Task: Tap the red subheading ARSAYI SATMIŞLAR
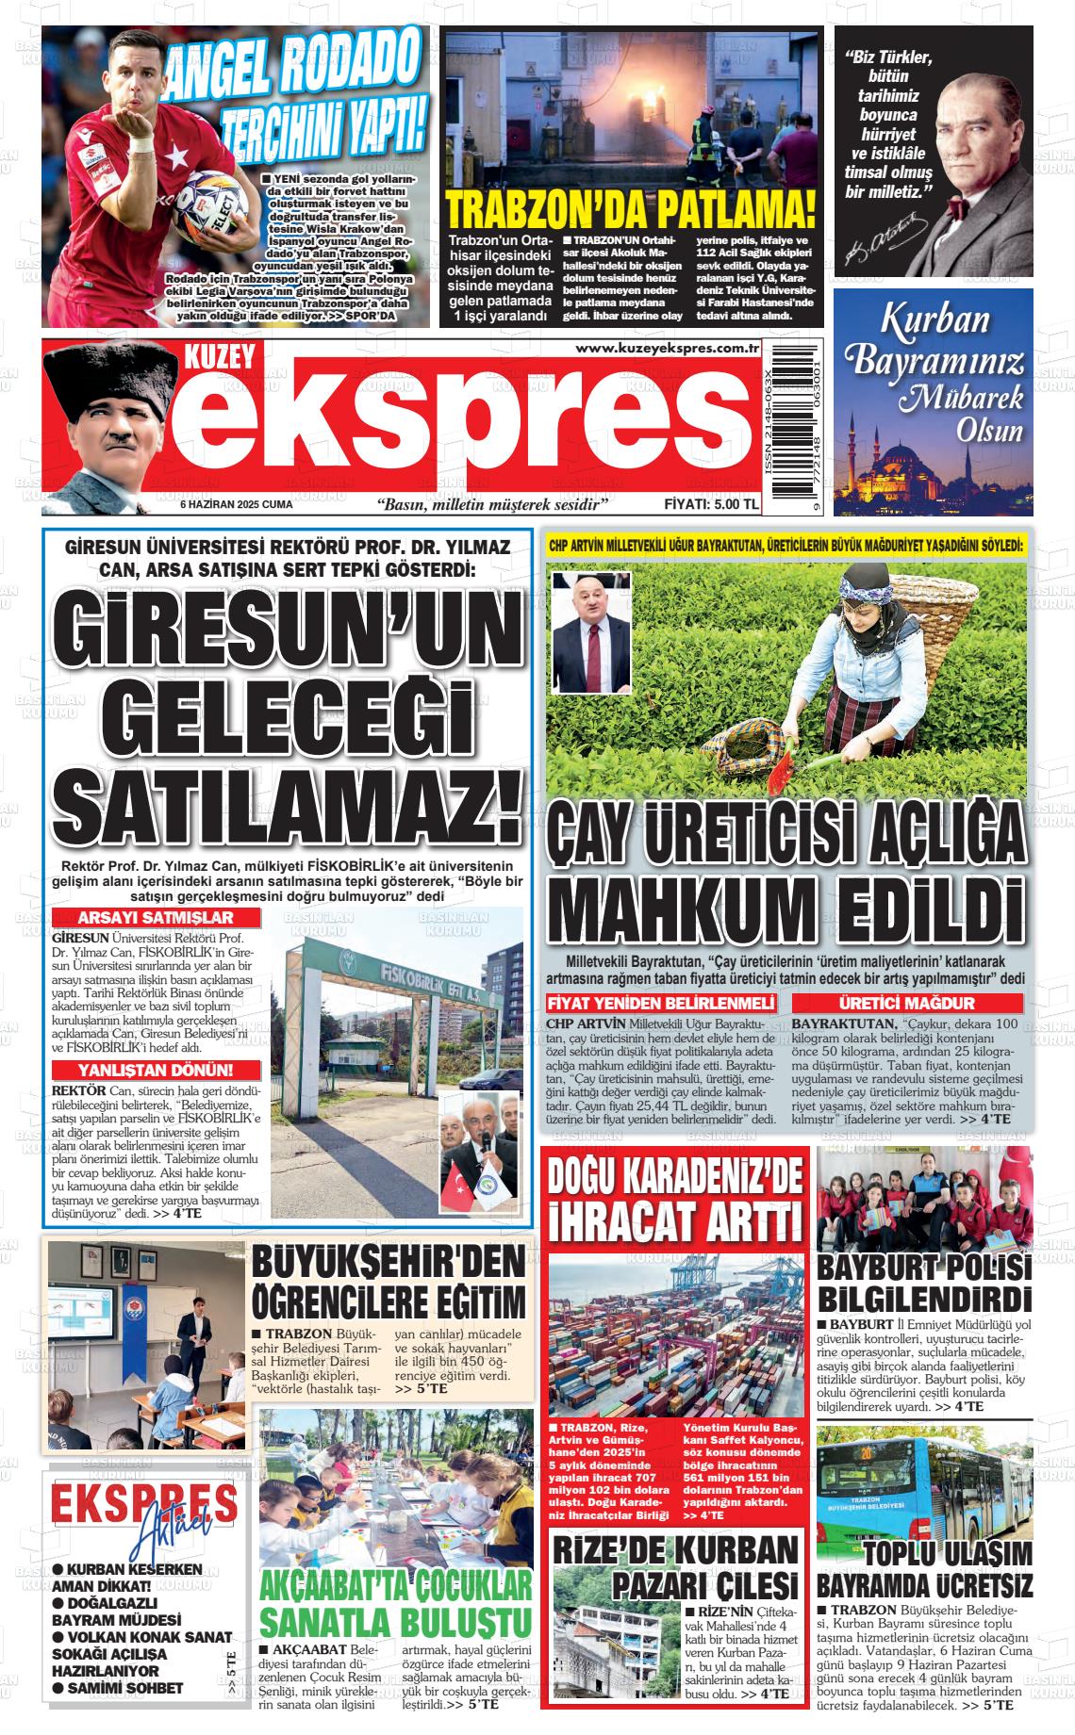[142, 918]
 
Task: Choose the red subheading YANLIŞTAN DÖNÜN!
[142, 1069]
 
